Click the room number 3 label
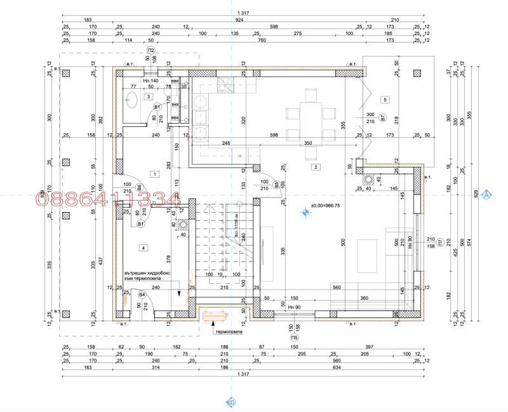point(147,97)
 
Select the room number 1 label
point(153,173)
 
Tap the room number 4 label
point(144,247)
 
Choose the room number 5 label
point(384,100)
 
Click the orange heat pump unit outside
point(215,313)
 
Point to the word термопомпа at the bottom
point(231,332)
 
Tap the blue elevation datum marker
point(305,213)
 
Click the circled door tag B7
point(382,118)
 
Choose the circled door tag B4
point(142,295)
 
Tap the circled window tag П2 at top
point(151,50)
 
